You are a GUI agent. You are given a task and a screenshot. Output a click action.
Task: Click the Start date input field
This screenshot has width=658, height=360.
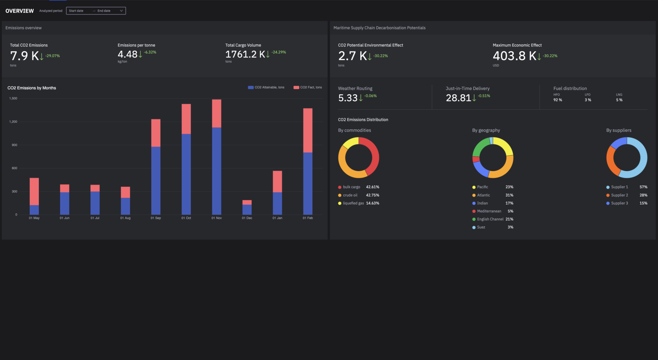coord(78,11)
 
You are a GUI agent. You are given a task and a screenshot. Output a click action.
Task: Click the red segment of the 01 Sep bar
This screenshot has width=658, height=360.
coord(155,133)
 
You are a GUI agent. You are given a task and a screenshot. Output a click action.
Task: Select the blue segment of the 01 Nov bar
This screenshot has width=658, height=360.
coord(216,170)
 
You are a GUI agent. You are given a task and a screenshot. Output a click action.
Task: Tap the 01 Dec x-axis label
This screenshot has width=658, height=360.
coord(247,218)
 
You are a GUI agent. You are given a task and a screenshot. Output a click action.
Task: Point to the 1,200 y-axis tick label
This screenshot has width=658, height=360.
coord(13,122)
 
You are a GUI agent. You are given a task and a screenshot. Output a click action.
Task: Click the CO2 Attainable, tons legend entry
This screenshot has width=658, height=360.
coord(266,87)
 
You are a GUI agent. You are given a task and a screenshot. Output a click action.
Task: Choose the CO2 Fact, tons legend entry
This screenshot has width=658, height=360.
coord(308,87)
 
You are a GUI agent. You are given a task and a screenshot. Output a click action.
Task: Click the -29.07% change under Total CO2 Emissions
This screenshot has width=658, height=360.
coord(52,56)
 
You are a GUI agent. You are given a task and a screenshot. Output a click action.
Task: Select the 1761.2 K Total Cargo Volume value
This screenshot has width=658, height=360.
coord(245,54)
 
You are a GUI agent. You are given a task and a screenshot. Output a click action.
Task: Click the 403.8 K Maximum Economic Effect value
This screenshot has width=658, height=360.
coord(514,56)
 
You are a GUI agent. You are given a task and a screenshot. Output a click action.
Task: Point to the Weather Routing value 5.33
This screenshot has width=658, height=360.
coord(348,98)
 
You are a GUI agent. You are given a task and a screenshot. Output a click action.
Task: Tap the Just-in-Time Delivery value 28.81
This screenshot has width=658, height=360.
coord(458,98)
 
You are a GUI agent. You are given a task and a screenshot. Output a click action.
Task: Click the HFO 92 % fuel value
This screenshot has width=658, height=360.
coord(558,100)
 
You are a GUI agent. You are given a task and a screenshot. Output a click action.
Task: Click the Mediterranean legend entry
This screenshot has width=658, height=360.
coord(488,211)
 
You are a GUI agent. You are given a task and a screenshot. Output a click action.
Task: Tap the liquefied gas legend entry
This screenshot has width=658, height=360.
coord(353,203)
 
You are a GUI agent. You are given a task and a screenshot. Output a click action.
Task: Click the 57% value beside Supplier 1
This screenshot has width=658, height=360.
coord(643,187)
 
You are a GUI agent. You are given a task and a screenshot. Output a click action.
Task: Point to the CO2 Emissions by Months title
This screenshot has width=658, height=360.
coord(32,88)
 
